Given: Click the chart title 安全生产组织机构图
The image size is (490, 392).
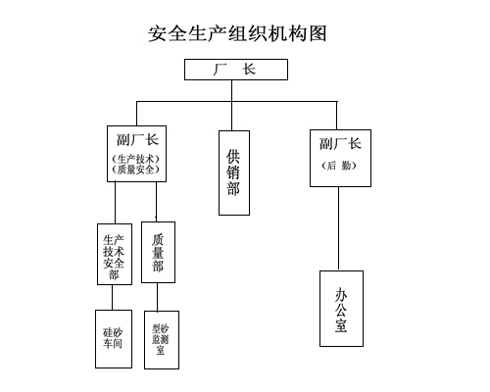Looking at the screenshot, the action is (237, 33).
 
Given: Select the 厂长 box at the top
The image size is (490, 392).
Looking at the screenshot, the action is (236, 70).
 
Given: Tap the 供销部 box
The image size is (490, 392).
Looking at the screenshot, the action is (234, 173).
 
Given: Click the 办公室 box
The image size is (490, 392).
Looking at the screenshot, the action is (341, 309).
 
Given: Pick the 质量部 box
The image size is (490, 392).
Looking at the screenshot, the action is (158, 253).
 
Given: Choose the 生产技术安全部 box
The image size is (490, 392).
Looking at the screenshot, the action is (115, 254).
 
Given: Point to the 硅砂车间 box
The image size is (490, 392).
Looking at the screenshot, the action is (114, 339).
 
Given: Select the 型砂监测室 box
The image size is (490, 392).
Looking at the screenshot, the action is (162, 340).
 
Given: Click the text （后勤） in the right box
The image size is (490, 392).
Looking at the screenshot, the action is (339, 166).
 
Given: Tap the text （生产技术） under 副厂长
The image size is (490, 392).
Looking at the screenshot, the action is (136, 160).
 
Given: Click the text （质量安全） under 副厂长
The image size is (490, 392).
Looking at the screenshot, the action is (136, 170).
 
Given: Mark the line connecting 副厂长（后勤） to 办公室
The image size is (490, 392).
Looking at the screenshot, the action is (338, 228).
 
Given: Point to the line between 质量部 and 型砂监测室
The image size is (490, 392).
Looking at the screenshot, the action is (157, 297).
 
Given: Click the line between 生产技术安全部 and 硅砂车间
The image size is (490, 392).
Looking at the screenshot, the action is (113, 298).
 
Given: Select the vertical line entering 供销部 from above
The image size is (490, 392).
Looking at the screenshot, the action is (232, 106).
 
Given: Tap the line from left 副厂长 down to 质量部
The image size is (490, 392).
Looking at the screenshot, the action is (156, 202).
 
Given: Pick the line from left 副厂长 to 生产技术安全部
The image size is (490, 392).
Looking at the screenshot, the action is (115, 203).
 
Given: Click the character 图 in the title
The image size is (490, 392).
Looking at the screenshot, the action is (318, 33).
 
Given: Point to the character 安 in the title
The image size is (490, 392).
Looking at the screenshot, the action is (158, 33).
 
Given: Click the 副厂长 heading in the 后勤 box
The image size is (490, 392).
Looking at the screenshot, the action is (340, 144).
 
